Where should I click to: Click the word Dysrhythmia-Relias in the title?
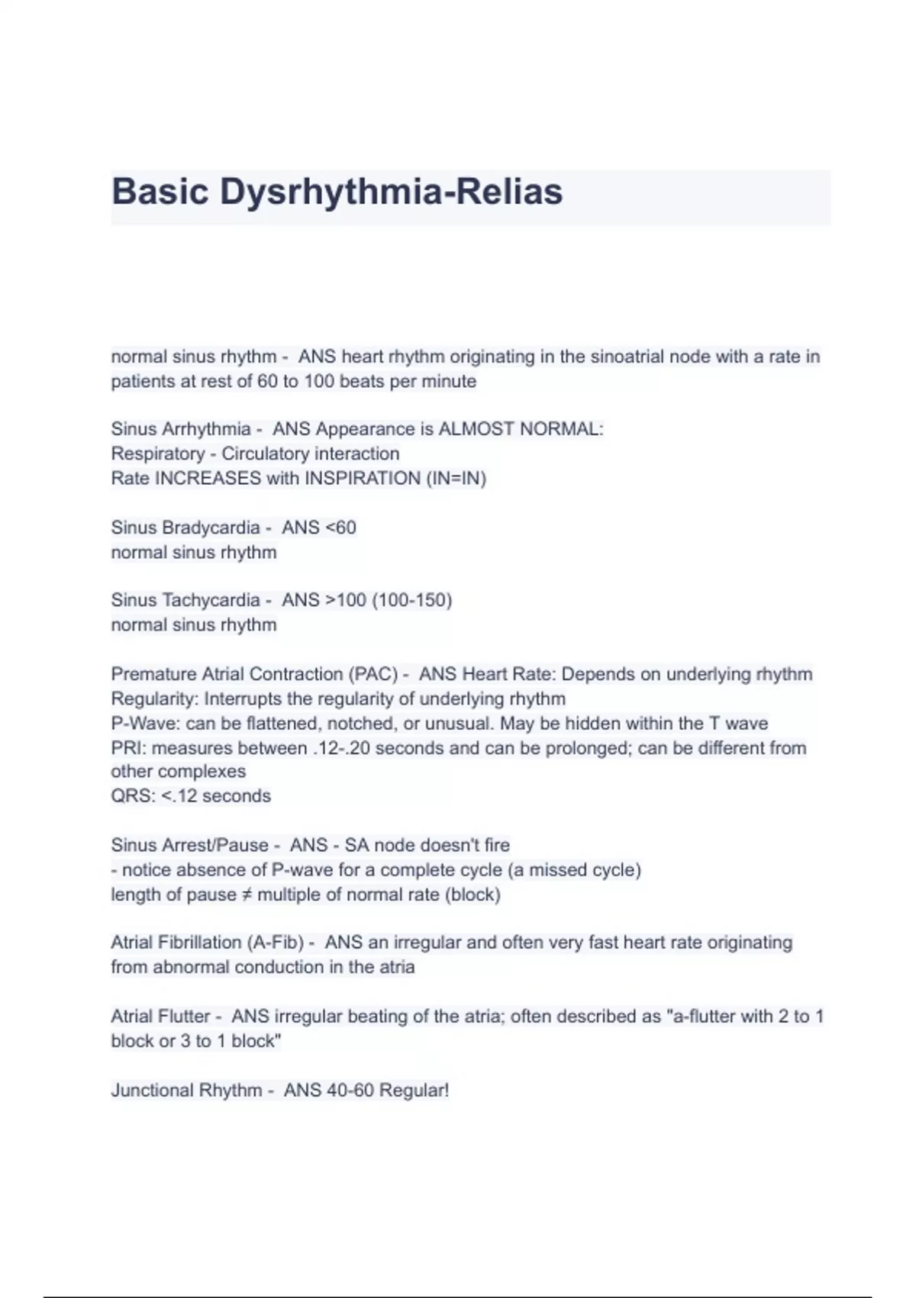point(392,192)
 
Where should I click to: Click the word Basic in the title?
point(160,192)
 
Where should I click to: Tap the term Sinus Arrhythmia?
point(181,429)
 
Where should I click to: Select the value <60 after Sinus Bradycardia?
point(340,528)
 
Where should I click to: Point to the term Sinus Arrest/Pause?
point(190,845)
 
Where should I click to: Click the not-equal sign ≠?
point(246,895)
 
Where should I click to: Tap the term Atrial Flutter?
point(160,1016)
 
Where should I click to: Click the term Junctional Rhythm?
point(186,1090)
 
